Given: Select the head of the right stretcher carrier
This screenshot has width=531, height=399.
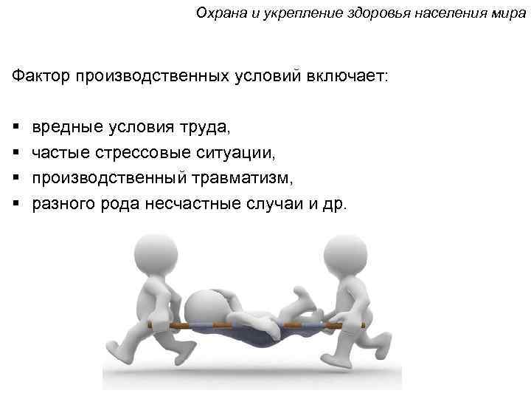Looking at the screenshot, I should click(344, 255).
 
